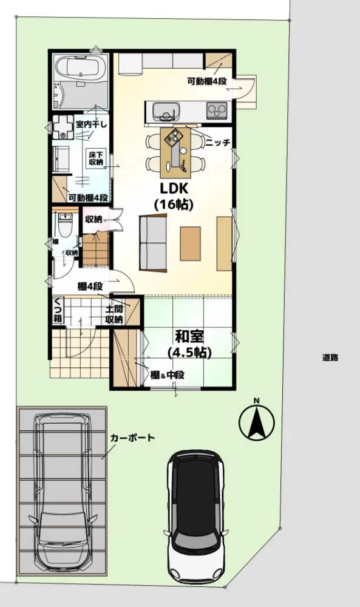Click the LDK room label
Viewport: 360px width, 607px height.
[x=174, y=189]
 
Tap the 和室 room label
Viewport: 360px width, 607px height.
[x=189, y=337]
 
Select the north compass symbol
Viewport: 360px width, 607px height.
[x=256, y=419]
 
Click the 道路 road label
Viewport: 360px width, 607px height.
[x=330, y=358]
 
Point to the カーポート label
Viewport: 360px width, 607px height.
[x=132, y=438]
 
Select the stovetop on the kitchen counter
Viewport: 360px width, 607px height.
[x=217, y=110]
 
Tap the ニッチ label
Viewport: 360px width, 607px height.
[x=218, y=143]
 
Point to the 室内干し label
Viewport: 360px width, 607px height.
[x=91, y=124]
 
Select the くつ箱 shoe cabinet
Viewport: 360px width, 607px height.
[x=58, y=310]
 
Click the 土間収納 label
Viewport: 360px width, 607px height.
[x=114, y=315]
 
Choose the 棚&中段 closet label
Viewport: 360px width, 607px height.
[x=167, y=375]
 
